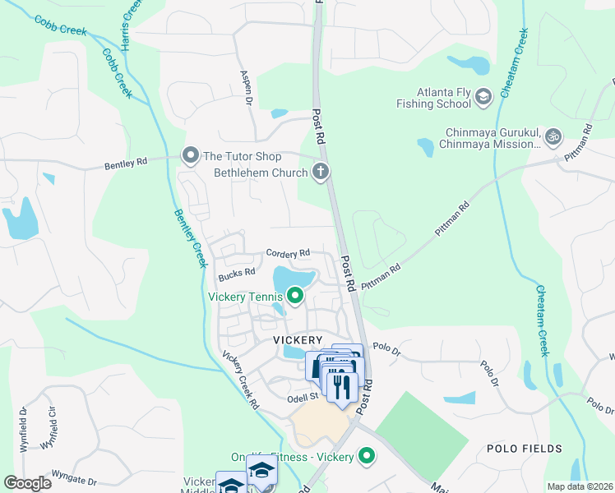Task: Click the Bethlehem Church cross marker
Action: (x=321, y=173)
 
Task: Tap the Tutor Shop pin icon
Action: (x=191, y=155)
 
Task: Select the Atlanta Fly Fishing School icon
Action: (x=483, y=97)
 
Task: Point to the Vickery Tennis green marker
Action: (x=294, y=296)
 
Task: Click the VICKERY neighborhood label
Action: (x=298, y=339)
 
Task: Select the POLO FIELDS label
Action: (x=525, y=449)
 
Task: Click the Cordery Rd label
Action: (x=287, y=254)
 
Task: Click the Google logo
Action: (x=27, y=482)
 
